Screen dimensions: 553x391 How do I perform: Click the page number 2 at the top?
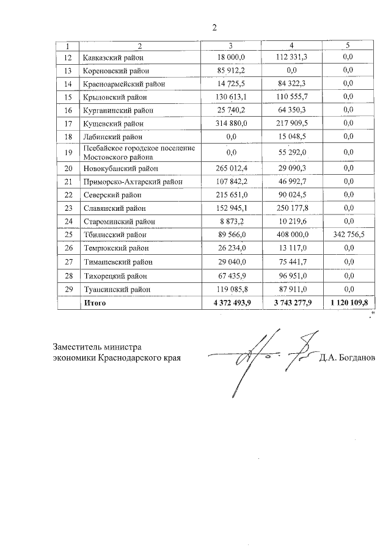214,27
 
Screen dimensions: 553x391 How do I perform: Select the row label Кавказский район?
116,57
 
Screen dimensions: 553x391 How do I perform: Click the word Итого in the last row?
95,302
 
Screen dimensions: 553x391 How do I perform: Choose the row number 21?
68,181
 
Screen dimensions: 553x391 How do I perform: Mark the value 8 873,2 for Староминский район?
231,221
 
